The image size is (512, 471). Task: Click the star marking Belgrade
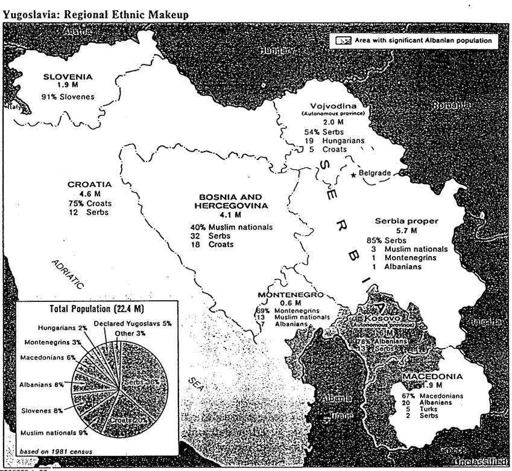point(353,175)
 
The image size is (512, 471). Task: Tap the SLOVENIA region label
point(68,77)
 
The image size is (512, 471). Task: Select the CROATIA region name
point(89,184)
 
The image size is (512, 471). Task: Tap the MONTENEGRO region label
point(291,294)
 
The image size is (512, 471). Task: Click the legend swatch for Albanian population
point(343,41)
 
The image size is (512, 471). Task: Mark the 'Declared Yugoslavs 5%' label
point(133,323)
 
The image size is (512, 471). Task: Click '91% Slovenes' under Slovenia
point(68,96)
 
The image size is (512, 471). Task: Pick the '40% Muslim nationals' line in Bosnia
point(231,226)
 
